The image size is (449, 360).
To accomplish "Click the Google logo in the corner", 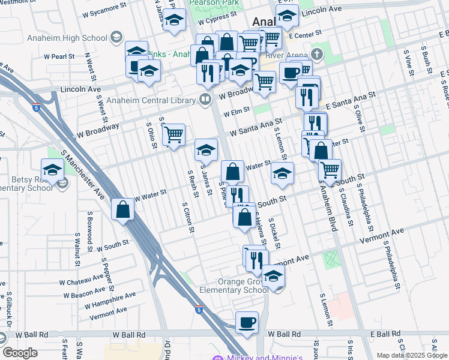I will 19,353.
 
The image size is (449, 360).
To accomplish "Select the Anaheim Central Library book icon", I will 205,98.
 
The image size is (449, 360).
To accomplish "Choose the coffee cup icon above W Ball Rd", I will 247,323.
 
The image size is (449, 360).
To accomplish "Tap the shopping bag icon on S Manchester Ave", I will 123,210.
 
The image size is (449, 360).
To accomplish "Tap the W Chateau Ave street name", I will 81,279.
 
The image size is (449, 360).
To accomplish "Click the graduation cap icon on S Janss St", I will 206,150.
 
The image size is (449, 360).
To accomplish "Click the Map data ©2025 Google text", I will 412,355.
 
